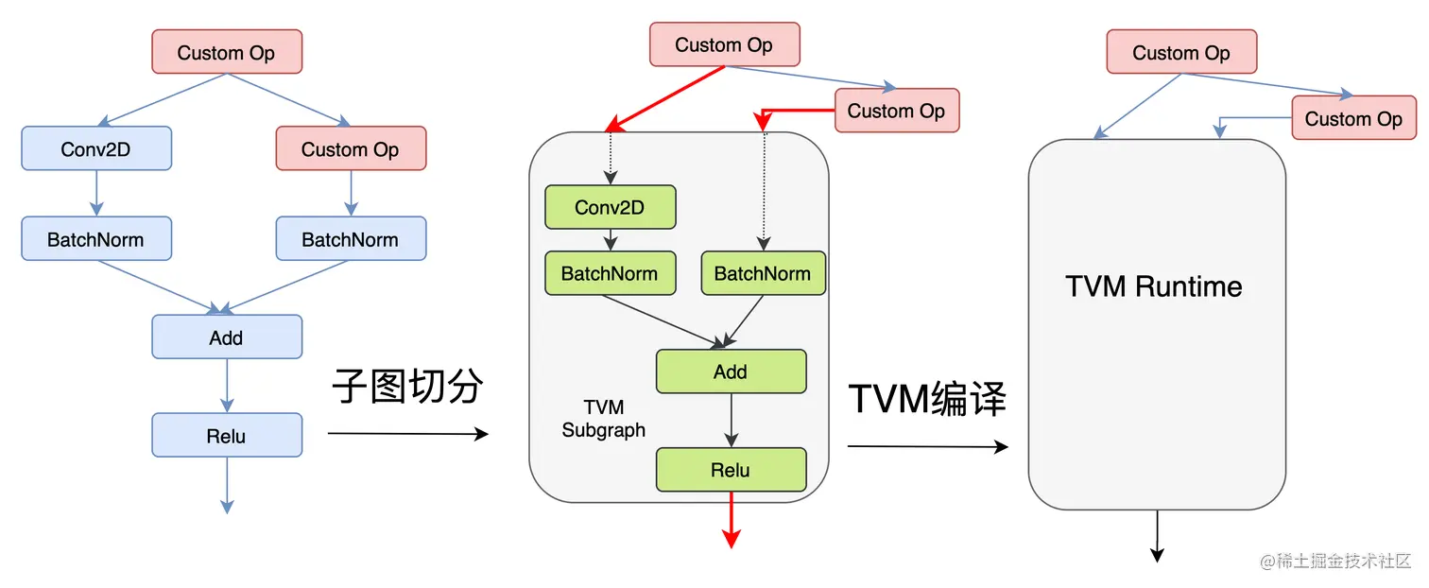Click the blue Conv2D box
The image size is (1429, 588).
click(x=96, y=148)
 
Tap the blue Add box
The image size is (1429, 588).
click(x=227, y=337)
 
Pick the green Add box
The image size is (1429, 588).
click(x=731, y=372)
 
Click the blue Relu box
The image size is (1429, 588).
click(x=227, y=436)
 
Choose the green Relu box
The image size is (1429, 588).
click(x=731, y=470)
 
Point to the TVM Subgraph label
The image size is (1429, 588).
click(x=604, y=419)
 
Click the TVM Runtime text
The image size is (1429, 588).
click(x=1154, y=285)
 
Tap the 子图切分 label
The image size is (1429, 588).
click(x=407, y=386)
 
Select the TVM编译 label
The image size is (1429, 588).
click(x=927, y=399)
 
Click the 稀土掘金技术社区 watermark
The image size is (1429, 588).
click(x=1335, y=561)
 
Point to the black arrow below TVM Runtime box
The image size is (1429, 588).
click(x=1156, y=536)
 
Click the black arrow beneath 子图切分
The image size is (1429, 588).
click(x=407, y=434)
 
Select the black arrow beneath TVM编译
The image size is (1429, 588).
click(x=927, y=446)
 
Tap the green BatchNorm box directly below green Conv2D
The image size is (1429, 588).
click(x=610, y=273)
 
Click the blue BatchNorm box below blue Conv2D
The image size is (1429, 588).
click(x=96, y=239)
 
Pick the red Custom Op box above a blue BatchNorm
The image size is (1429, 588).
click(x=351, y=148)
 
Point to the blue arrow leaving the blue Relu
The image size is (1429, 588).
click(x=227, y=485)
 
